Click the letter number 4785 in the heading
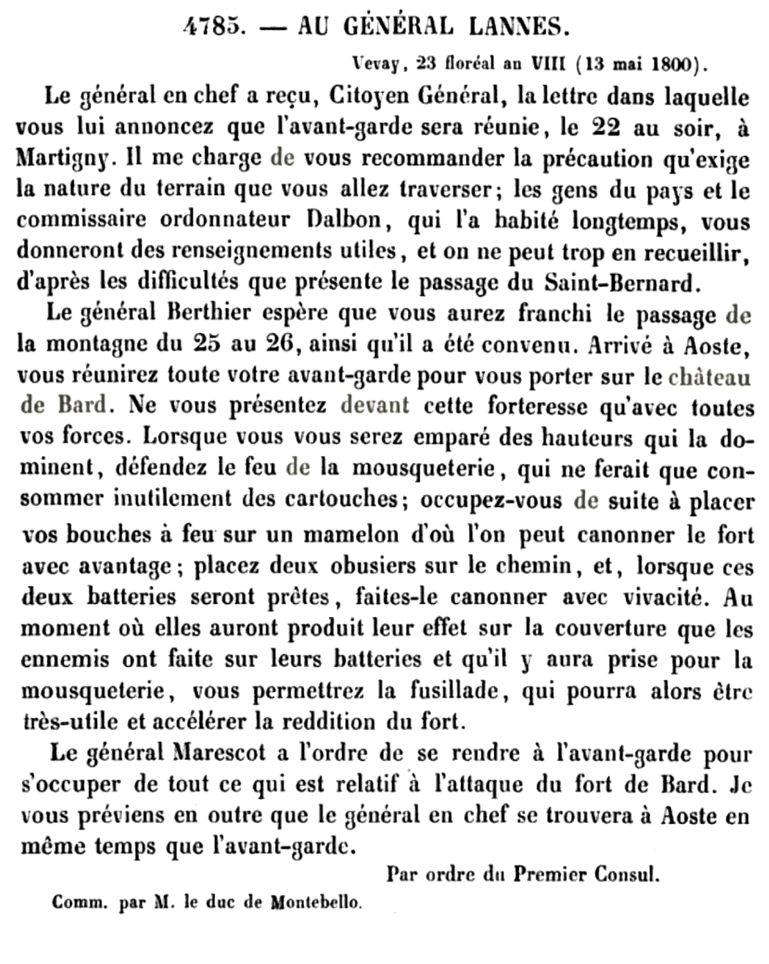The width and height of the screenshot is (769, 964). pyautogui.click(x=214, y=27)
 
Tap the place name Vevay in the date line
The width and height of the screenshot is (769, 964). pyautogui.click(x=377, y=65)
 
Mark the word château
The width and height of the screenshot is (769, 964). pyautogui.click(x=709, y=376)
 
